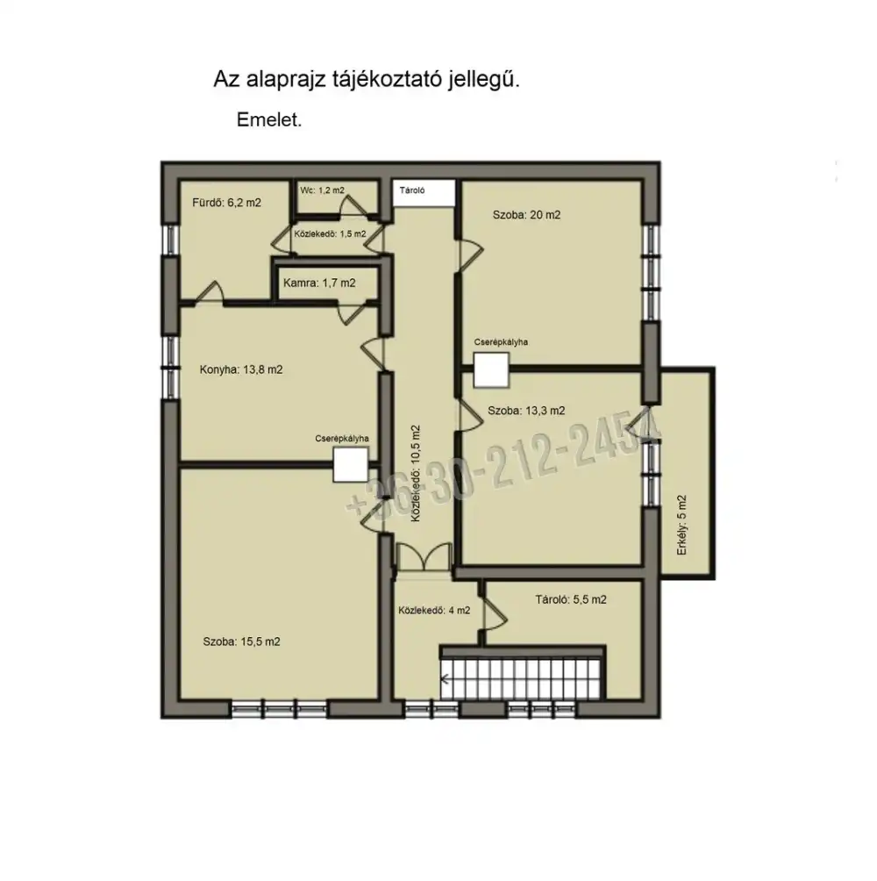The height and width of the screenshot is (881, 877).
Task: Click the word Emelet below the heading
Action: point(268,119)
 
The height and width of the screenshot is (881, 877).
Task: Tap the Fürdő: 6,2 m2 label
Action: point(227,203)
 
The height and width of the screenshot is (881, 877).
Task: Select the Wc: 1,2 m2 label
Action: point(322,190)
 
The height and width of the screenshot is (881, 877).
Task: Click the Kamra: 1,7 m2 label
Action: point(319,283)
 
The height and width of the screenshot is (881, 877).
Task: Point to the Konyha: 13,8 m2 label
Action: point(241,369)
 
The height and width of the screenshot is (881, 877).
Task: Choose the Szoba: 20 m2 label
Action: point(527,215)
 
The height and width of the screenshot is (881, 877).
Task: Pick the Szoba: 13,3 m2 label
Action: point(527,411)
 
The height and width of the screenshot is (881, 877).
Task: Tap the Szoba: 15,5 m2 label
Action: point(241,641)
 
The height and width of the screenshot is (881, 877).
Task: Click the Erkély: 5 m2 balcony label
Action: point(682,526)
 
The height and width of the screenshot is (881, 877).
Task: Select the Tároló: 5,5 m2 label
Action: point(571,599)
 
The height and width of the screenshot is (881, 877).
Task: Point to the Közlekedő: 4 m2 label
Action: point(435,610)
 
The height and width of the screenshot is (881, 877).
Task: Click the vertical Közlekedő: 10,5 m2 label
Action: point(416,473)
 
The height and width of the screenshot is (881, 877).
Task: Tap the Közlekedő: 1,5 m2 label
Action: point(330,233)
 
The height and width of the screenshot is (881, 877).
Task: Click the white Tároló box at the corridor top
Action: point(424,193)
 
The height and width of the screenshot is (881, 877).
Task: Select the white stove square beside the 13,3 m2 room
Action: point(491,370)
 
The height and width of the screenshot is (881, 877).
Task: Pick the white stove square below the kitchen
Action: point(351,465)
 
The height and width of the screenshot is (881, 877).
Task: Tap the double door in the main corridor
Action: point(424,557)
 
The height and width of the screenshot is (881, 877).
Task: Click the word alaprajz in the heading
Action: point(285,81)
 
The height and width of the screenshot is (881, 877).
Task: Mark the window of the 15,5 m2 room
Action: point(280,708)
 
